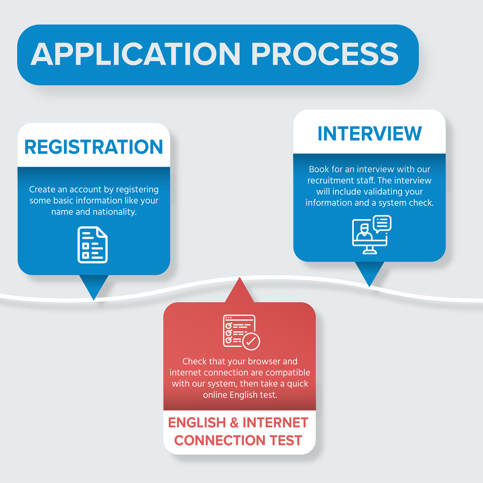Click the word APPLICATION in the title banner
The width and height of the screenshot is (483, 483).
[x=135, y=54]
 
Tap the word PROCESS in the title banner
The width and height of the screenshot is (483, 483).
[x=325, y=54]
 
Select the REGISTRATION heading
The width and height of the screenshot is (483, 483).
[x=94, y=147]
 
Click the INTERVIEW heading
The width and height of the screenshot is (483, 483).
[x=370, y=133]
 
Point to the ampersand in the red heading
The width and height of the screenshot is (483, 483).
[x=234, y=422]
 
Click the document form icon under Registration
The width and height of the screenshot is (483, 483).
[x=92, y=245]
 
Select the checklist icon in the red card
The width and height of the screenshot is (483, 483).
[x=241, y=332]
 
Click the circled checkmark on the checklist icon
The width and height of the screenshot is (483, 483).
[x=251, y=341]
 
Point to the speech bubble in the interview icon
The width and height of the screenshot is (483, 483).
[x=382, y=223]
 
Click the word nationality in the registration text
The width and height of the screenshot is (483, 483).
[x=115, y=212]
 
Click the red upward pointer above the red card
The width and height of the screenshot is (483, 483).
[x=240, y=290]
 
